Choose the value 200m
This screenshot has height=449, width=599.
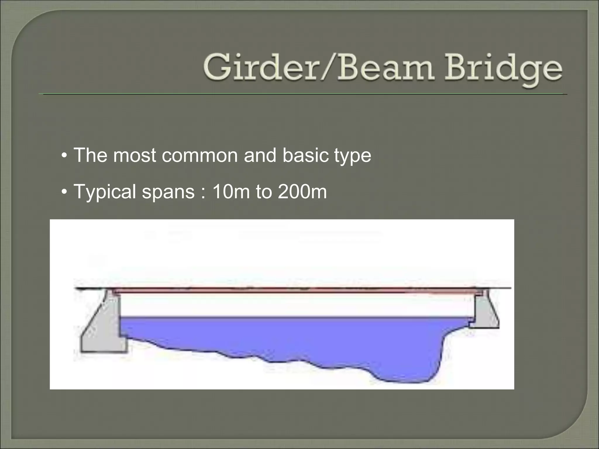(x=302, y=192)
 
